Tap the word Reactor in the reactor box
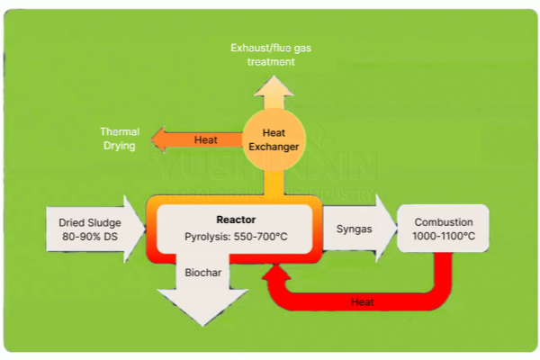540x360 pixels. pyautogui.click(x=235, y=220)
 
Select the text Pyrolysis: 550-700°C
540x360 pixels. pyautogui.click(x=235, y=238)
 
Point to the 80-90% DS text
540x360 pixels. pyautogui.click(x=88, y=237)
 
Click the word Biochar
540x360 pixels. pyautogui.click(x=202, y=271)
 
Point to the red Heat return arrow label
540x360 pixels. pyautogui.click(x=363, y=302)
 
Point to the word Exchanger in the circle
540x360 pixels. pyautogui.click(x=274, y=146)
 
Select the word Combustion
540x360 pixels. pyautogui.click(x=444, y=221)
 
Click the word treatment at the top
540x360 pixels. pyautogui.click(x=274, y=62)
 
